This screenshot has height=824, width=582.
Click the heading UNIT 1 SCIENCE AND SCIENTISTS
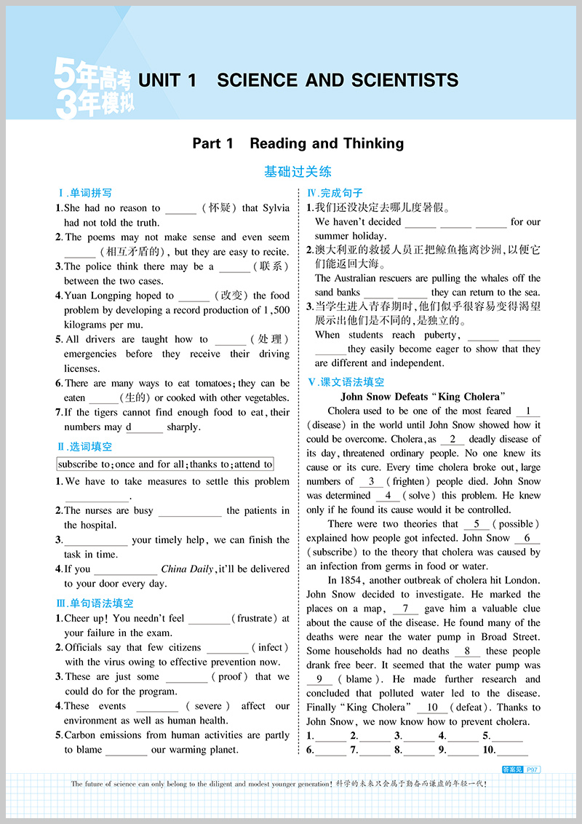(298, 80)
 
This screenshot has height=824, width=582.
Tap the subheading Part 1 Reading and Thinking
(298, 143)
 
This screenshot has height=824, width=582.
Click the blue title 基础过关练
(298, 172)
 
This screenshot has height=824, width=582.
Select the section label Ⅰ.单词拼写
(85, 194)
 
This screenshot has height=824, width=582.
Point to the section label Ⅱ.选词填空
(85, 447)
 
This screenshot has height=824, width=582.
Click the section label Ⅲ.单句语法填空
(95, 603)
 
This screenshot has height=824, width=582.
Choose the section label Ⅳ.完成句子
(335, 194)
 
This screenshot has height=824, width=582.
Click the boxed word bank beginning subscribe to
(165, 464)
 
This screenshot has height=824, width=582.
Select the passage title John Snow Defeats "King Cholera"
(423, 397)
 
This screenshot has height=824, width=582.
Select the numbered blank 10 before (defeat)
(433, 708)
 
